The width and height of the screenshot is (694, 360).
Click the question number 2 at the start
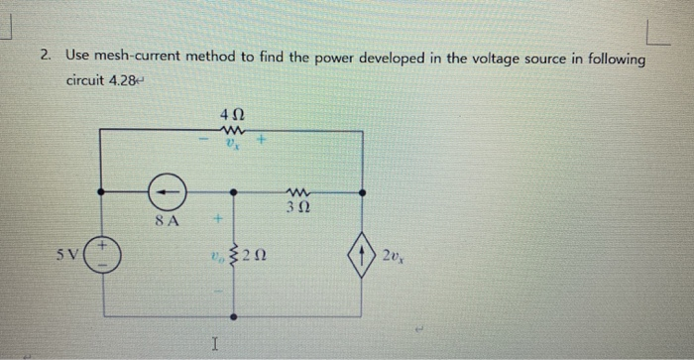pos(46,59)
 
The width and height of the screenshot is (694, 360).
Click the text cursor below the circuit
pos(215,343)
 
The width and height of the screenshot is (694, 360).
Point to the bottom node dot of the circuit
pos(234,317)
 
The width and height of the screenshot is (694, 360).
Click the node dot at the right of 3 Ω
pos(361,193)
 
